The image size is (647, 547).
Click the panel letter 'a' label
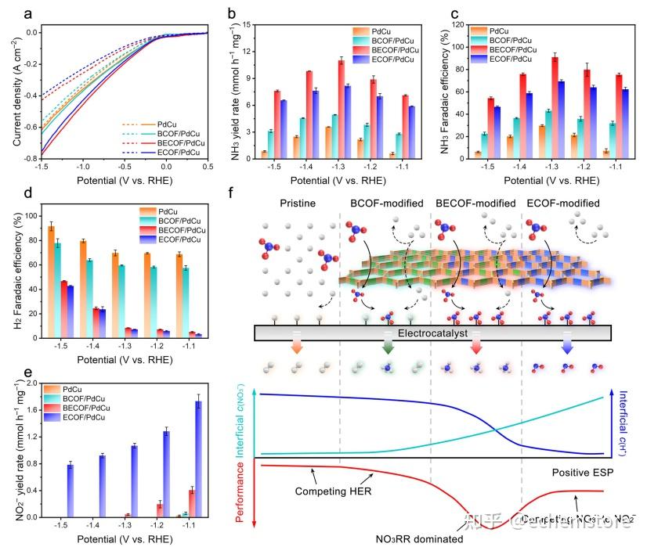(x=6, y=13)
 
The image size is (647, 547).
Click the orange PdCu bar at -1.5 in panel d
(x=52, y=282)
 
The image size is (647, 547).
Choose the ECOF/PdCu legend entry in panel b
(x=385, y=59)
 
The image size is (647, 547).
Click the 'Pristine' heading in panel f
(x=298, y=203)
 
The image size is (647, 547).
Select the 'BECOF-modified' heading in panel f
(x=475, y=203)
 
